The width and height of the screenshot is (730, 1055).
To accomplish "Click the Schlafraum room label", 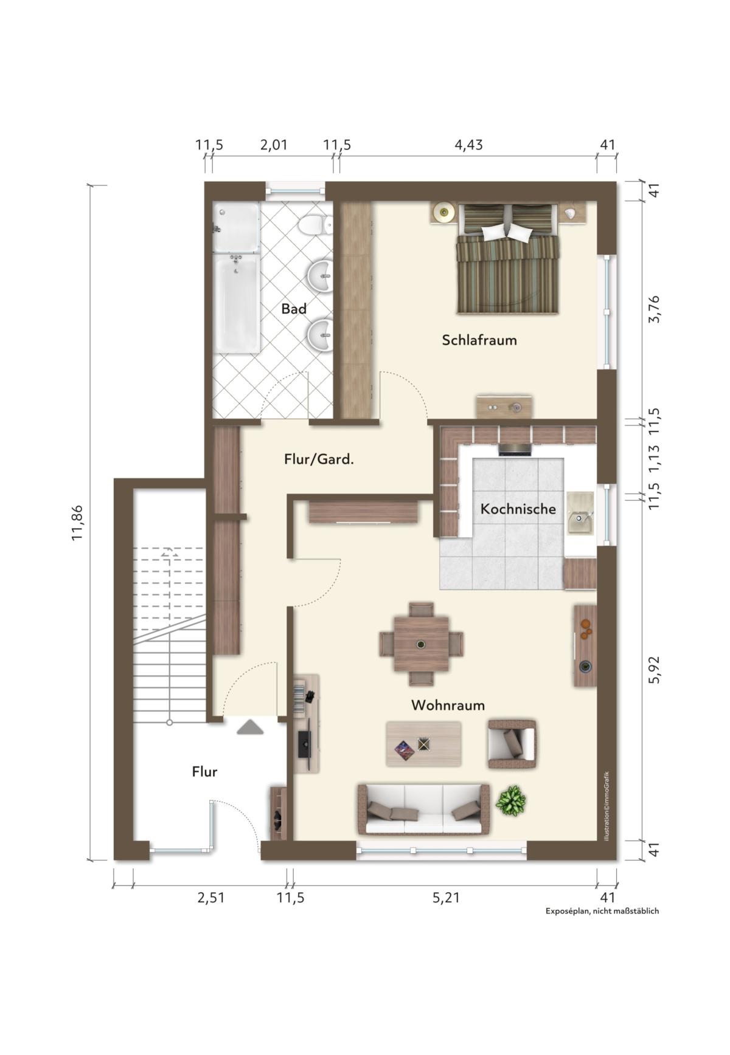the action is point(479,340).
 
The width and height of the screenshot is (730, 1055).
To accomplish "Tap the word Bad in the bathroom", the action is point(294,309).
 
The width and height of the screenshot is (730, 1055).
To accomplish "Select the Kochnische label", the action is point(518,509).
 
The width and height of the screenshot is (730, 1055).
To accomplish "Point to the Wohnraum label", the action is point(448,705).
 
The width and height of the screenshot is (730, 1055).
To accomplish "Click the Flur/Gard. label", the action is point(319,459).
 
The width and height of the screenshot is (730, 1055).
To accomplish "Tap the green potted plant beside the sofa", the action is point(511,800).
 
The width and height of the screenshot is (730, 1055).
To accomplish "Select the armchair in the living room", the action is point(512,744).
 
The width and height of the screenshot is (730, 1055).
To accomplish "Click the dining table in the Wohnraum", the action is point(421,644).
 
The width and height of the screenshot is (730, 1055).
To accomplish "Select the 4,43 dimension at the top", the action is point(468,145).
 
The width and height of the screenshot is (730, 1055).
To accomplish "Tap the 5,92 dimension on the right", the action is point(655,670).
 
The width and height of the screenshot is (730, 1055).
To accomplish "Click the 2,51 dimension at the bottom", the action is point(211,897).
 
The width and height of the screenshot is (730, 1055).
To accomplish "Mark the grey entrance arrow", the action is point(250,727).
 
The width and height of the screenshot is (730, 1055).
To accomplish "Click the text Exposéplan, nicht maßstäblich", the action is point(602,911).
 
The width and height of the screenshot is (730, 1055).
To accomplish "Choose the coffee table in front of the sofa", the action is point(423,744).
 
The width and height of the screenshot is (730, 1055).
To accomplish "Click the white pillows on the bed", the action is point(507,232).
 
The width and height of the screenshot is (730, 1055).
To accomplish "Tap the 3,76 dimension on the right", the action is point(655,309).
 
